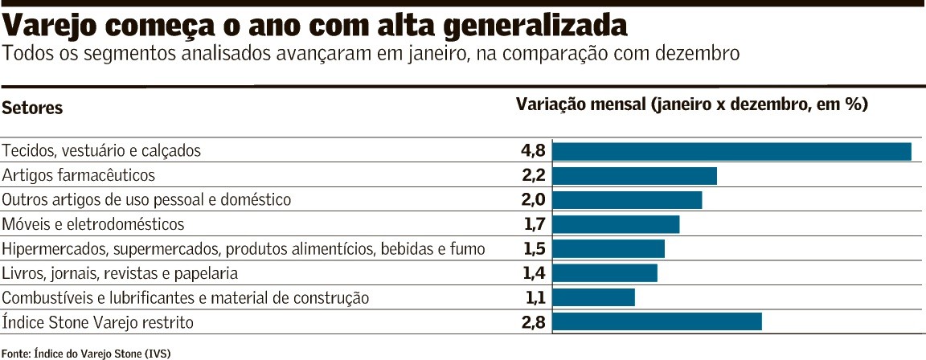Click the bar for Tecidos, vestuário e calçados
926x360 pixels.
[x=731, y=151]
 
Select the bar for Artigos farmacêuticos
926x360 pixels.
[x=634, y=176]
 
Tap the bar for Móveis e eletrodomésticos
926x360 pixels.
[x=616, y=224]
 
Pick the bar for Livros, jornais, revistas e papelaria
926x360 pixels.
[x=604, y=273]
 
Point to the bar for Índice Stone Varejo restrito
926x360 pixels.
[x=657, y=322]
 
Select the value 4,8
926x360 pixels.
[x=534, y=151]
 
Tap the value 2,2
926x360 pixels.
[x=534, y=176]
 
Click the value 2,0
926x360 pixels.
[x=534, y=200]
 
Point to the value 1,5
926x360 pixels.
[x=534, y=249]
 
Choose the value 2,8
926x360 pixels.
[x=534, y=322]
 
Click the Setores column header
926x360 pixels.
[x=32, y=108]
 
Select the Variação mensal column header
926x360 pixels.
[x=691, y=105]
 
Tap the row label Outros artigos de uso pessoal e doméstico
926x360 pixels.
[x=146, y=200]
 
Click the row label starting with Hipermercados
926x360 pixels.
[x=244, y=249]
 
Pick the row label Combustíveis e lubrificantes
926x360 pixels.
[x=186, y=298]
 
